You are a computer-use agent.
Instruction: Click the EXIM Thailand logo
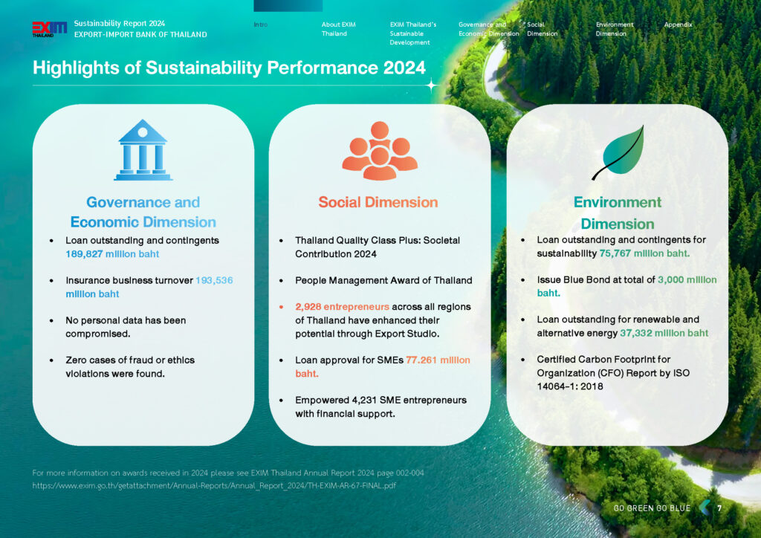(50, 29)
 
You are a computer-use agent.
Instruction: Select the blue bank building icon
(143, 150)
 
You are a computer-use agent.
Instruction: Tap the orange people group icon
(380, 151)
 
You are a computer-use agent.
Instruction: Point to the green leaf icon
(618, 152)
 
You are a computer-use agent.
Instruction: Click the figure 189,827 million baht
(112, 253)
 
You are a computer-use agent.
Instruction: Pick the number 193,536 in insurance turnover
(214, 280)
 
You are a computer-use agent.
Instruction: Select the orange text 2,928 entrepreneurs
(342, 307)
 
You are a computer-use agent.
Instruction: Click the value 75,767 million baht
(644, 253)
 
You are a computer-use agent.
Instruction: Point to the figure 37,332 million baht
(664, 333)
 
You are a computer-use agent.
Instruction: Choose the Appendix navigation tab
(678, 25)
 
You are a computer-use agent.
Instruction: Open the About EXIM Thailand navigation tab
(338, 29)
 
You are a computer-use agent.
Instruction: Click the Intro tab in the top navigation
(261, 25)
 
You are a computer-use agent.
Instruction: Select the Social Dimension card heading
(378, 202)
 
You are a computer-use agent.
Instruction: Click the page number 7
(719, 508)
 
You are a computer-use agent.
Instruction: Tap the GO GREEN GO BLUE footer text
(652, 508)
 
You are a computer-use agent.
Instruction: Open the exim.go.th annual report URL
(214, 485)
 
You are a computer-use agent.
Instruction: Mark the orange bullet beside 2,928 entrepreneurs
(282, 307)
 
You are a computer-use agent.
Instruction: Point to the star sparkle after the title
(431, 85)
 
